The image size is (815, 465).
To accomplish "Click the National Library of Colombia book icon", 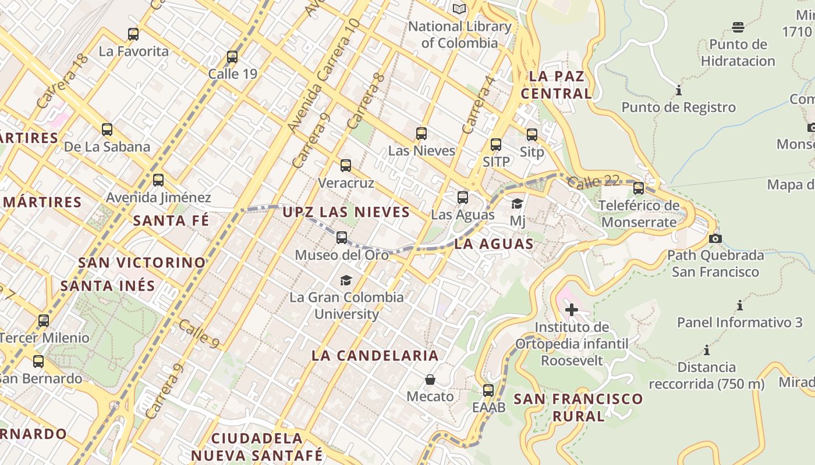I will pos(459,9).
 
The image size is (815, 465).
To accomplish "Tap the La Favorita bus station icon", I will pos(133,34).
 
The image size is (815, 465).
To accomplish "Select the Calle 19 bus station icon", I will pos(232,57).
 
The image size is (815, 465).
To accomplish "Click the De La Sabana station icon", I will pos(107,130).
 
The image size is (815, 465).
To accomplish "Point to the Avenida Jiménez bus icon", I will pos(158,180).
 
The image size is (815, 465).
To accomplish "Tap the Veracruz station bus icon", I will pos(346,166).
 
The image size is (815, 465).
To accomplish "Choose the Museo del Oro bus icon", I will pos(342,238).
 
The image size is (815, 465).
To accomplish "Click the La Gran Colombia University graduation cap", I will pos(346,280).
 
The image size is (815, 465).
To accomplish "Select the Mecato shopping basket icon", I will pos(430,380).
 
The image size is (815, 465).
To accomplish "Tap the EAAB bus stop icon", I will pos(488,390).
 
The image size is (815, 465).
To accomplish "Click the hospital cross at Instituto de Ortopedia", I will pos(572,310).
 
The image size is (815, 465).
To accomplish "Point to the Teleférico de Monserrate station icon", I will pos(639,188).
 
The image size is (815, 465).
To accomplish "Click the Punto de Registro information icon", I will pos(678,90).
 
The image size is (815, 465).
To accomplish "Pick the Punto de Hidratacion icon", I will pos(738,27).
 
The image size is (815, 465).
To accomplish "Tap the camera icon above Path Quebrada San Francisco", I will pos(715,238).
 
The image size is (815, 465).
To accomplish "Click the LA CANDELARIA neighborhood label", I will pos(375,356).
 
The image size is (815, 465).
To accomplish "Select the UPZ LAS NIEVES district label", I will pos(346,212).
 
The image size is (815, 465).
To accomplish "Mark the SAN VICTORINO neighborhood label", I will pos(142,263).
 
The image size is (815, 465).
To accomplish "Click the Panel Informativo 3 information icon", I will pos(740,305).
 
